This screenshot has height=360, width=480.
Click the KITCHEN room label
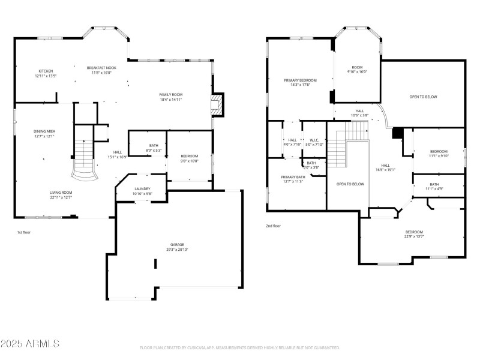(x=46, y=71)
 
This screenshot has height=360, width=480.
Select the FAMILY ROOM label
(x=170, y=95)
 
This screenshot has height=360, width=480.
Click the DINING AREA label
(x=44, y=131)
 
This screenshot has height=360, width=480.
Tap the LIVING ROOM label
(x=61, y=192)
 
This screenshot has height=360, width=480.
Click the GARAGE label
(x=177, y=244)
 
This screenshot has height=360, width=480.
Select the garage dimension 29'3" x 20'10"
(x=177, y=249)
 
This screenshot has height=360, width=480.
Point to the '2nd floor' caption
(x=273, y=226)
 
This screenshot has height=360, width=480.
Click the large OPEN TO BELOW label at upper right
(x=423, y=97)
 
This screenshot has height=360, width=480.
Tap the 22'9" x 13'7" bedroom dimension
(x=414, y=236)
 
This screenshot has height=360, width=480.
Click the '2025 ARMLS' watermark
(x=30, y=344)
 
